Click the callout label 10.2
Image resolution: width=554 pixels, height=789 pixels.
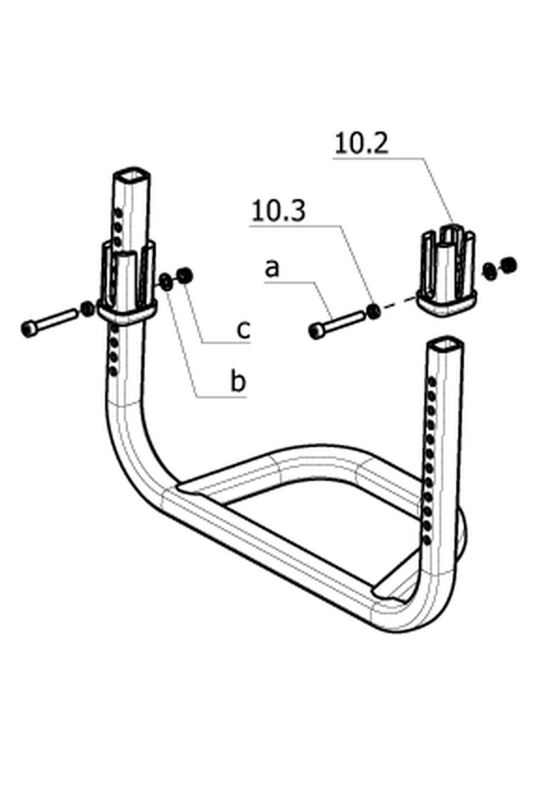coord(362,143)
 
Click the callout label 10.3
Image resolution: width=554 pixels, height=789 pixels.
coord(278,210)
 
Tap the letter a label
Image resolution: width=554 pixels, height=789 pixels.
coord(271,269)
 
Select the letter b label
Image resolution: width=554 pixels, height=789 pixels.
coord(238,381)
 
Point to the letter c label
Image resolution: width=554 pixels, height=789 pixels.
coord(243,330)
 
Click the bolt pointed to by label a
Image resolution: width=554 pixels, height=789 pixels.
coord(335,325)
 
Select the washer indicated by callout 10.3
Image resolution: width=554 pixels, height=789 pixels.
coord(374,312)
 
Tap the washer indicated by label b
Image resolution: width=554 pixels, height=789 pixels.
coord(165,280)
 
